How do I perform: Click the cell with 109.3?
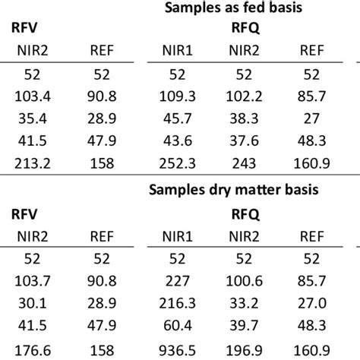176,99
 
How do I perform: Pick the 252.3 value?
176,163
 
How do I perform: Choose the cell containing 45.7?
176,121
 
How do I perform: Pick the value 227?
176,283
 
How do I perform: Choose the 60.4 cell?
176,326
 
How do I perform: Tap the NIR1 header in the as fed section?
176,52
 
